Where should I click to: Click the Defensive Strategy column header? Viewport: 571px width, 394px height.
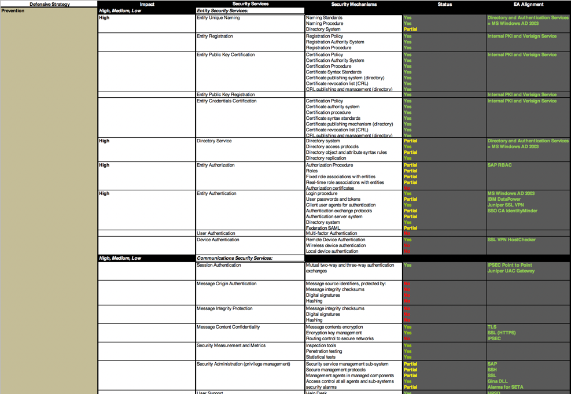[49, 4]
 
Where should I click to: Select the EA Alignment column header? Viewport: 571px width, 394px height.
[528, 4]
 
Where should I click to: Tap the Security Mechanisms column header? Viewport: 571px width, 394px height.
[353, 4]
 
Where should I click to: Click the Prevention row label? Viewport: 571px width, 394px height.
[13, 10]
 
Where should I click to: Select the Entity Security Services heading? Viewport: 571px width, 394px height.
[222, 10]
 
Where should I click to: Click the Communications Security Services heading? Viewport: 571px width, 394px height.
[234, 258]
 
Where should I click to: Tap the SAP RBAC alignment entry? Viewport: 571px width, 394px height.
[499, 165]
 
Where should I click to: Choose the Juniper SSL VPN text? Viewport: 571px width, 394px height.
[505, 205]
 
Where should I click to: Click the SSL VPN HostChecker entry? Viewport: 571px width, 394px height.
[511, 240]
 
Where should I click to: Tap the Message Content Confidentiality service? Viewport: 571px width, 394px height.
[228, 327]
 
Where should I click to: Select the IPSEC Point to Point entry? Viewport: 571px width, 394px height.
[510, 265]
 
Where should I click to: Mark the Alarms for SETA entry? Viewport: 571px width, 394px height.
[505, 387]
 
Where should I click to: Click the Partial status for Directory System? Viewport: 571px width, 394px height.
[410, 29]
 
